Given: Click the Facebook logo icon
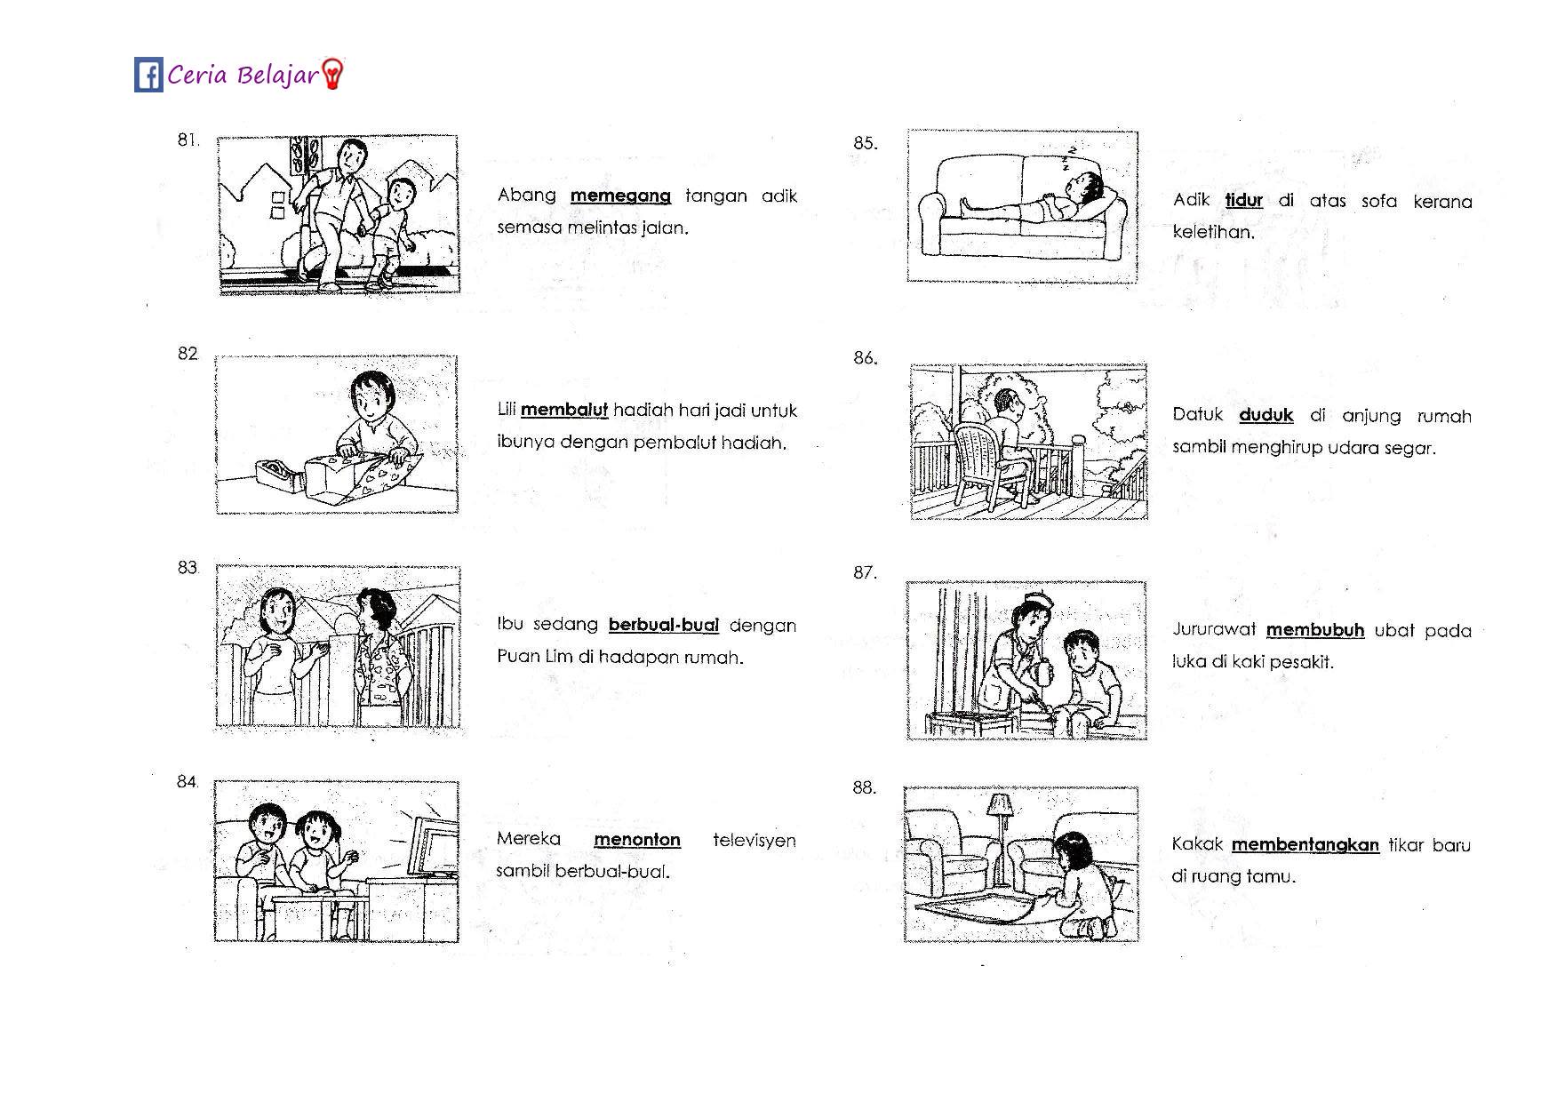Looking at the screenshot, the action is pyautogui.click(x=148, y=75).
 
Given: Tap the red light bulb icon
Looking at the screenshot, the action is pyautogui.click(x=332, y=75).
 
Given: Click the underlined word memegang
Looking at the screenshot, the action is pyautogui.click(x=620, y=196).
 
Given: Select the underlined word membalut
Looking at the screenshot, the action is pyautogui.click(x=564, y=411).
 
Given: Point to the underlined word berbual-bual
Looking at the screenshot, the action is pyautogui.click(x=664, y=626).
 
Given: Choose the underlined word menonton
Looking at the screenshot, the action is pyautogui.click(x=637, y=840).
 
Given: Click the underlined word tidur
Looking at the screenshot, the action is pyautogui.click(x=1244, y=201).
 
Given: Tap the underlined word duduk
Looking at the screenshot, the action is pyautogui.click(x=1266, y=415).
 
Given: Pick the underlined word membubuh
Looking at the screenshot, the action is pyautogui.click(x=1315, y=630).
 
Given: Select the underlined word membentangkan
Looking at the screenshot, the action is pyautogui.click(x=1305, y=845).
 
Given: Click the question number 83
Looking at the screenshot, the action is pyautogui.click(x=188, y=568).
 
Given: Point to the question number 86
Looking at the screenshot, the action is pyautogui.click(x=865, y=358).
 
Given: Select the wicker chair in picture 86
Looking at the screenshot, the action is pyautogui.click(x=991, y=464).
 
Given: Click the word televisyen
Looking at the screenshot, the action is pyautogui.click(x=755, y=840).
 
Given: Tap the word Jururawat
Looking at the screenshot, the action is pyautogui.click(x=1214, y=630).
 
